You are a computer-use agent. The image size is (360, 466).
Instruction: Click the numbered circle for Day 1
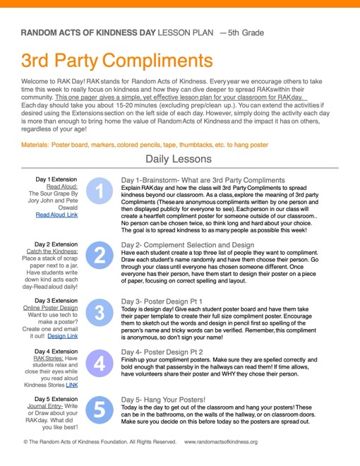[x=100, y=191]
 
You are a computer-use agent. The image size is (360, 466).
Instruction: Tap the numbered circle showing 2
[x=100, y=255]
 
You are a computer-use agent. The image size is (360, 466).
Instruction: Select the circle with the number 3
[x=100, y=313]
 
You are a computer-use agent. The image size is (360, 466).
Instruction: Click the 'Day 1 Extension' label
[x=57, y=179]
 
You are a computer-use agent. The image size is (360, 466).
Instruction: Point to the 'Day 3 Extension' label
[x=57, y=300]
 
